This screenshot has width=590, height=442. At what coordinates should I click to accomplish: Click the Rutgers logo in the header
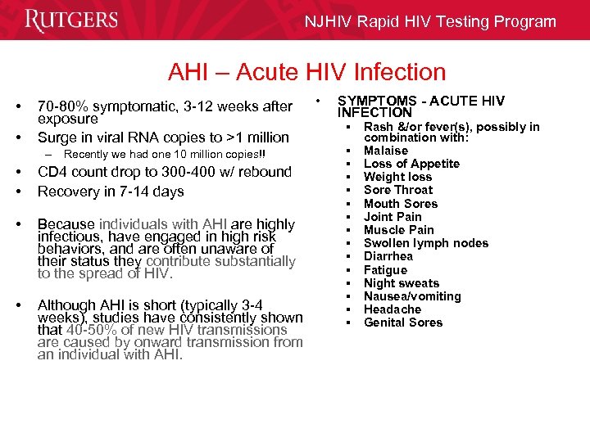[71, 20]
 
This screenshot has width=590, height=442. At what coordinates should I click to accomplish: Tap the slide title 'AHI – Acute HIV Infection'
[306, 73]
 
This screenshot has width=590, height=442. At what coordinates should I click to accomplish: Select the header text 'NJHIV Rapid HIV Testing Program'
[430, 22]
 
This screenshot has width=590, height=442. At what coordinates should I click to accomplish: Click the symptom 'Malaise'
[386, 151]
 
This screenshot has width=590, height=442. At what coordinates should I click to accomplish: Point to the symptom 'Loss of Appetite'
[411, 164]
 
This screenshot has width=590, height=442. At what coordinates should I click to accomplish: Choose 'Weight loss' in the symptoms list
[397, 177]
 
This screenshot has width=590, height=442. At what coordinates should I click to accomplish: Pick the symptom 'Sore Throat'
[397, 190]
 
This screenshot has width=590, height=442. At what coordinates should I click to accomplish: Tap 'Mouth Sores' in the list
[401, 204]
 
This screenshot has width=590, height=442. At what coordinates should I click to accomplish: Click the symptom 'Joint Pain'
[393, 217]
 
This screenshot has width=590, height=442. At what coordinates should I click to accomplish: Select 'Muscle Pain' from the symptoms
[399, 230]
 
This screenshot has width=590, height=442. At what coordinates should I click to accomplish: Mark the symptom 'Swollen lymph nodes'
[426, 243]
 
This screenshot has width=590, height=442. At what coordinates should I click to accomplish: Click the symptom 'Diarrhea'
[388, 256]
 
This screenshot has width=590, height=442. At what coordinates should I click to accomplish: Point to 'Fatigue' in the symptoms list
[385, 269]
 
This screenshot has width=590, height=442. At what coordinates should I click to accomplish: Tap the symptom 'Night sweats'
[402, 283]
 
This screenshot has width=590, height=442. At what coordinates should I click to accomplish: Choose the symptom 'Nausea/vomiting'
[412, 296]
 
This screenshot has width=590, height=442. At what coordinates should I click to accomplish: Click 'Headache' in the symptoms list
[393, 309]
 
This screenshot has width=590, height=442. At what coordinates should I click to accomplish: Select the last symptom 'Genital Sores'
[403, 322]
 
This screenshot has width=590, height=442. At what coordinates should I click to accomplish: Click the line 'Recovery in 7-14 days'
[111, 192]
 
